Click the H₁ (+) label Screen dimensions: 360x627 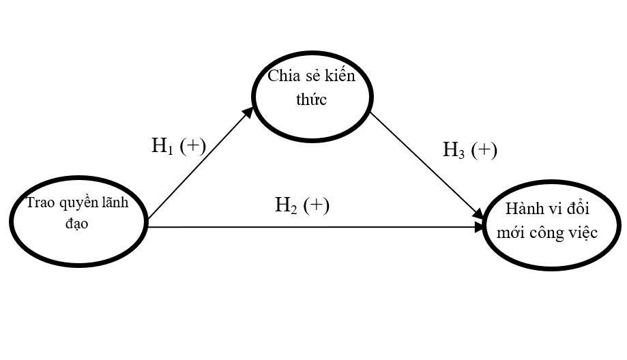[177, 146]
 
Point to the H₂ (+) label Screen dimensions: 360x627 [302, 205]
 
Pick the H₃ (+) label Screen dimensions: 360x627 [469, 150]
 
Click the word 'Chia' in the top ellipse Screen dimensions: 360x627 [280, 76]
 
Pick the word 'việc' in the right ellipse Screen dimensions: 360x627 [583, 233]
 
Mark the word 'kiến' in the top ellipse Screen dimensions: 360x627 [340, 76]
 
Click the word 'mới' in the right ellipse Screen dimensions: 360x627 [512, 233]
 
